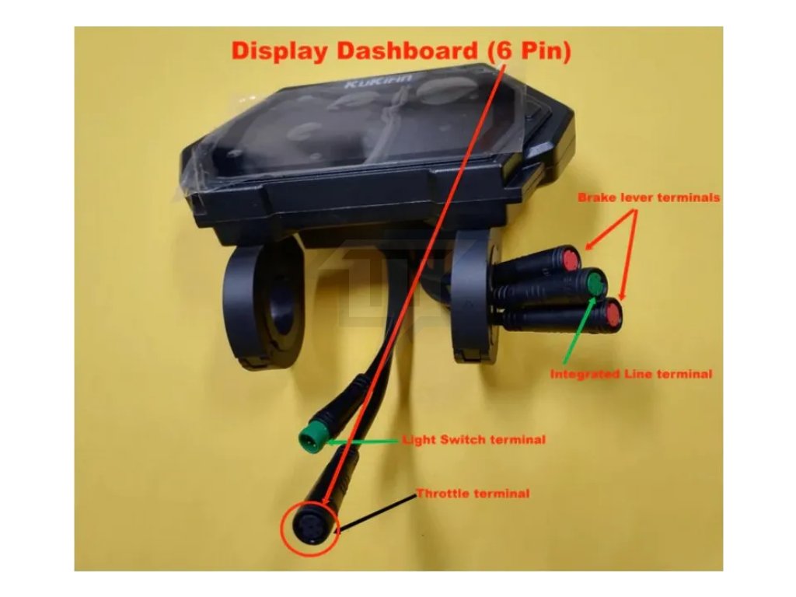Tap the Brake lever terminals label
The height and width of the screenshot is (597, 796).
click(x=648, y=197)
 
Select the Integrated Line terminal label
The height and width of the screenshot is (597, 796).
click(x=630, y=374)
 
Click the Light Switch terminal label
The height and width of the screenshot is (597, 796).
click(x=473, y=440)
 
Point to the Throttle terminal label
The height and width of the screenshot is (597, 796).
click(x=473, y=494)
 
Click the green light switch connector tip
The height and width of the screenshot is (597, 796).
click(x=308, y=438)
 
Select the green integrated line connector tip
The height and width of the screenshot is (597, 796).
click(x=595, y=284)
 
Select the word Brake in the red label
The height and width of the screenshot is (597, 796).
click(x=595, y=197)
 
